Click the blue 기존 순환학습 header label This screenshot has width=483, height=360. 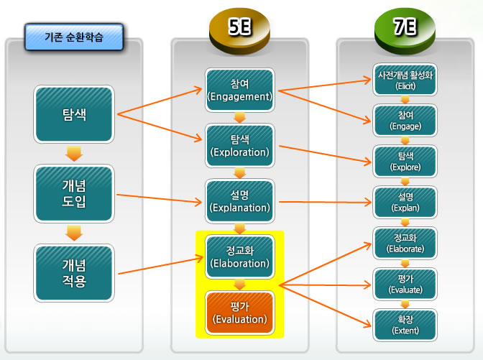pyautogui.click(x=74, y=37)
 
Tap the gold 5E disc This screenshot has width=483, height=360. pyautogui.click(x=239, y=31)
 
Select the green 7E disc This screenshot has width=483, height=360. pyautogui.click(x=405, y=31)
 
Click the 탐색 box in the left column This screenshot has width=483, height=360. pyautogui.click(x=74, y=114)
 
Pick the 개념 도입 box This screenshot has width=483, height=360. pyautogui.click(x=74, y=193)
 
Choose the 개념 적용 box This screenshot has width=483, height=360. pyautogui.click(x=74, y=273)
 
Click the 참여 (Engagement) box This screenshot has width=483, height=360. pyautogui.click(x=239, y=90)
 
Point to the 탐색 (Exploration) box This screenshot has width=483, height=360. pyautogui.click(x=239, y=146)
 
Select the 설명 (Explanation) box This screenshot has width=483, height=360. pyautogui.click(x=239, y=201)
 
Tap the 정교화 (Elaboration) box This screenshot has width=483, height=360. pyautogui.click(x=239, y=257)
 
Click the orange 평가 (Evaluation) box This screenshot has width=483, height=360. pyautogui.click(x=239, y=313)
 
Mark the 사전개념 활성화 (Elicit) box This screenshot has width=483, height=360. pyautogui.click(x=405, y=80)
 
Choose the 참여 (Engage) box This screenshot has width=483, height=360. pyautogui.click(x=405, y=121)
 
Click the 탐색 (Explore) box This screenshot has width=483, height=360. pyautogui.click(x=405, y=162)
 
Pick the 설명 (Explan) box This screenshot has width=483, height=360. pyautogui.click(x=405, y=203)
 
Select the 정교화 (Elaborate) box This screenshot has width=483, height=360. pyautogui.click(x=405, y=243)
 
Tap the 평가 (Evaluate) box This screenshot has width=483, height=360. pyautogui.click(x=405, y=284)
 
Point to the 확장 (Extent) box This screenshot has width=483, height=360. pyautogui.click(x=405, y=325)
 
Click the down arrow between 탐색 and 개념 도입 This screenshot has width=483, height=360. pyautogui.click(x=74, y=154)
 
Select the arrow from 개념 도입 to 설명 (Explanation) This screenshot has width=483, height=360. pyautogui.click(x=160, y=198)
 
